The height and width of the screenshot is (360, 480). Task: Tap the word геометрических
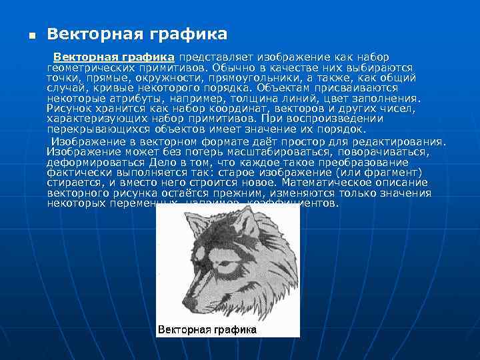87,67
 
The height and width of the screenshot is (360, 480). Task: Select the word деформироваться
91,162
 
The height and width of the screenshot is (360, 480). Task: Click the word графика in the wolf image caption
233,330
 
